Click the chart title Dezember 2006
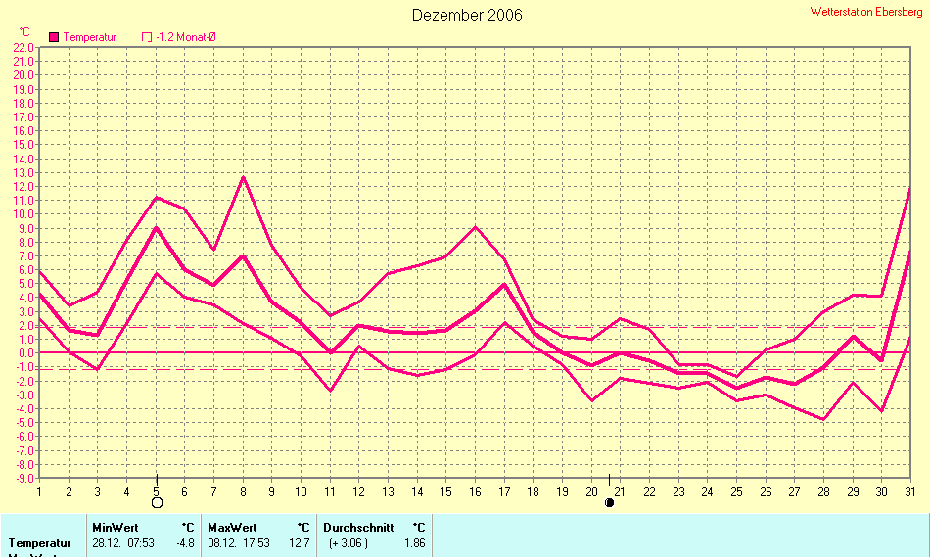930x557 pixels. click(x=467, y=15)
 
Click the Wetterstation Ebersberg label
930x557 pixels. click(x=867, y=11)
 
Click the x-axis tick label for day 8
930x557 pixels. click(x=243, y=490)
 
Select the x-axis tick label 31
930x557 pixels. click(x=910, y=490)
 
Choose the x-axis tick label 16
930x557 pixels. click(x=475, y=490)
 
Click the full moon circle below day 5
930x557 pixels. click(x=157, y=502)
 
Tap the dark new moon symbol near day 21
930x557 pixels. click(x=609, y=502)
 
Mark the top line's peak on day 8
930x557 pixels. click(x=243, y=176)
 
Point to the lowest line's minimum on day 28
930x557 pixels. click(x=824, y=419)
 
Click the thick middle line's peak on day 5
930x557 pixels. click(x=157, y=228)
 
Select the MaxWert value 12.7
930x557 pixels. click(x=299, y=542)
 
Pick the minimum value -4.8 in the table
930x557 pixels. click(x=185, y=542)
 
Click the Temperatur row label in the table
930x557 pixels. click(x=40, y=542)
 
